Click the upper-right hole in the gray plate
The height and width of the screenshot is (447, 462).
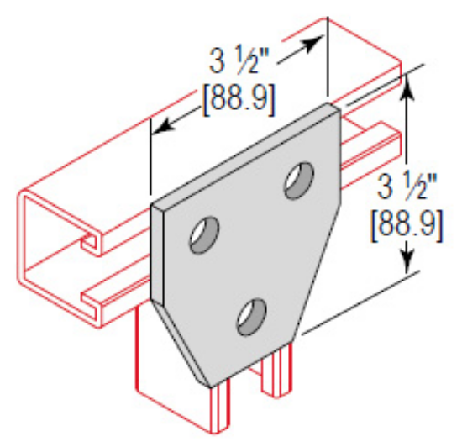(297, 181)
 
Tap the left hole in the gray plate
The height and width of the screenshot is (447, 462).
(204, 234)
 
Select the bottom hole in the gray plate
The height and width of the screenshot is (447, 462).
(249, 316)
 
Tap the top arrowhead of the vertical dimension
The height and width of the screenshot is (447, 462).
(408, 82)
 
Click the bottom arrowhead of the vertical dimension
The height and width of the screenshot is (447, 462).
(408, 264)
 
